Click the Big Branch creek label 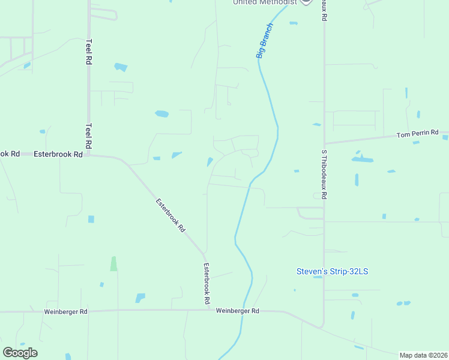pyautogui.click(x=264, y=41)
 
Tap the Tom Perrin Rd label pyautogui.click(x=418, y=134)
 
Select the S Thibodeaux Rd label pyautogui.click(x=324, y=175)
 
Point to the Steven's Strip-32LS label pyautogui.click(x=332, y=271)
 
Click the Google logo pyautogui.click(x=20, y=353)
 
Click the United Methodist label pyautogui.click(x=265, y=2)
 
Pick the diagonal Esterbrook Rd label pyautogui.click(x=171, y=216)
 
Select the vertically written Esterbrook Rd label pyautogui.click(x=206, y=283)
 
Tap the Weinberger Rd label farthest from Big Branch pyautogui.click(x=66, y=312)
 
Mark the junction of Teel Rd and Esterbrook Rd pyautogui.click(x=89, y=155)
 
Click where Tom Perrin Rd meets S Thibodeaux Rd pyautogui.click(x=324, y=144)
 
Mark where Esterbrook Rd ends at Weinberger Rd pyautogui.click(x=206, y=310)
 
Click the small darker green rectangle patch pyautogui.click(x=113, y=263)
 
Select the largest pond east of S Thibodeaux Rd pyautogui.click(x=362, y=160)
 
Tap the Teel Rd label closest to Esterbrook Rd pyautogui.click(x=89, y=136)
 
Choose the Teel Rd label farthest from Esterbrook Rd pyautogui.click(x=89, y=52)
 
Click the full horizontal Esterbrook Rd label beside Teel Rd pyautogui.click(x=58, y=154)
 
